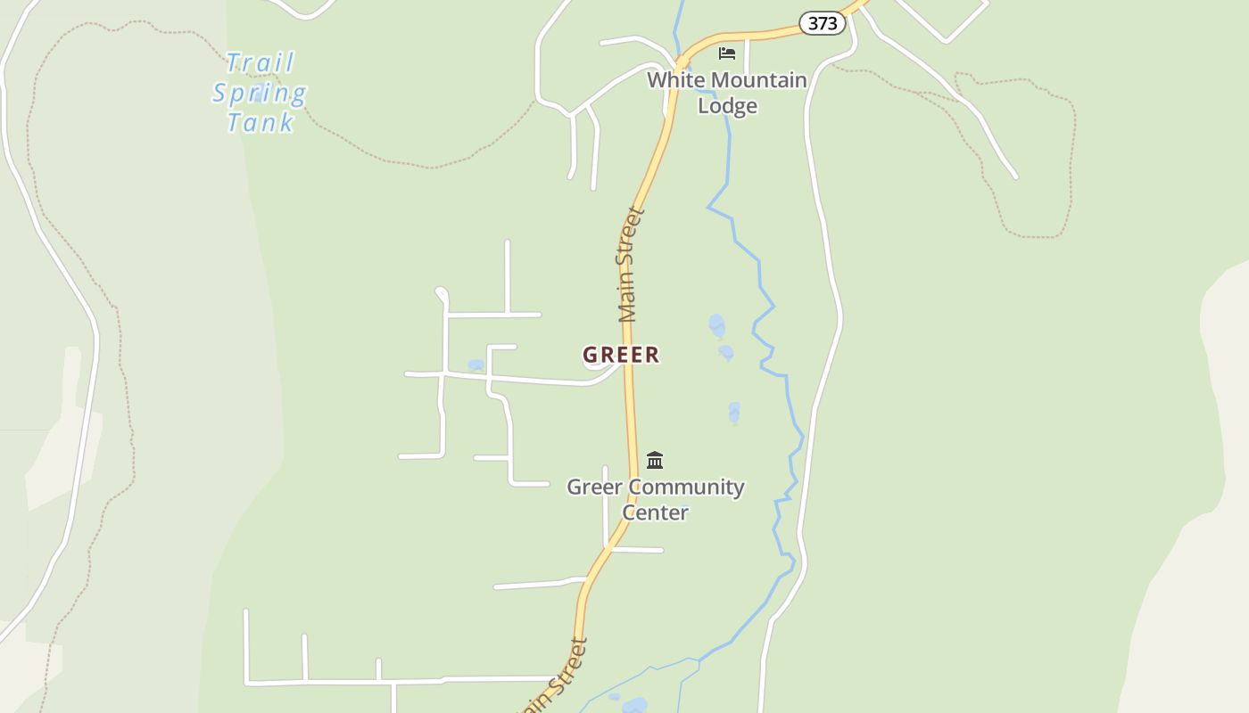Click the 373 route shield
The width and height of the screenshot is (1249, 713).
pos(822,23)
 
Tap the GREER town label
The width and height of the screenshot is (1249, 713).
pos(621,355)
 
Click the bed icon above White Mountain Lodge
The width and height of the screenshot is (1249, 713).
pos(727,53)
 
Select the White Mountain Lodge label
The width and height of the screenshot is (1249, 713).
pos(727,93)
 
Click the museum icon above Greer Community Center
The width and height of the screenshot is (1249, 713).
pos(655,460)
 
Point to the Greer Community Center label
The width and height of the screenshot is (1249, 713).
pos(656,499)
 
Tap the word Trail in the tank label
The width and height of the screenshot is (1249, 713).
pos(261,63)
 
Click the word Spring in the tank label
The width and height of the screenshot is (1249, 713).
pos(260,93)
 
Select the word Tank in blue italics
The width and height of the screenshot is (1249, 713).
pos(260,122)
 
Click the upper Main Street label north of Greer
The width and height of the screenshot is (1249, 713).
pos(630,265)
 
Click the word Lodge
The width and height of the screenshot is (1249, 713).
pos(727,106)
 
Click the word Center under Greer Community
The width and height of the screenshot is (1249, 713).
pos(655,512)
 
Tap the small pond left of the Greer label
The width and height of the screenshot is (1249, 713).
pos(476,365)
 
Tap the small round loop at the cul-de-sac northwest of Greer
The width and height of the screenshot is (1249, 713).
pos(441,292)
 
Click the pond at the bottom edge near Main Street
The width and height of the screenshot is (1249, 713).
pos(634,706)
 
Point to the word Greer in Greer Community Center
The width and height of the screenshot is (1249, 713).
pos(595,488)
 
